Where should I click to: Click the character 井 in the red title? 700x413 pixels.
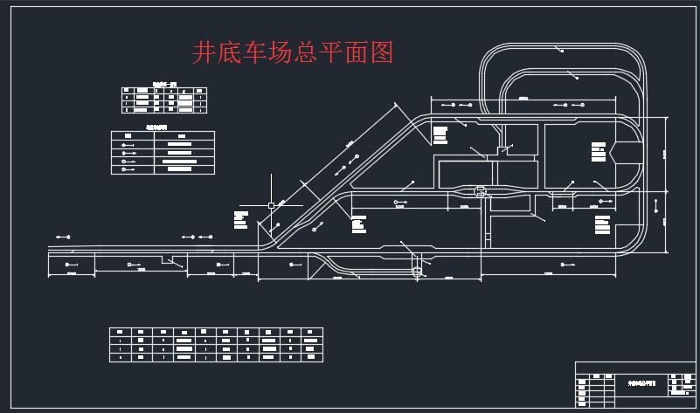click(203, 53)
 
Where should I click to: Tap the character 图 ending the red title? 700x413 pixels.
click(382, 53)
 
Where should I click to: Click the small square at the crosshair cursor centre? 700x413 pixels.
click(271, 204)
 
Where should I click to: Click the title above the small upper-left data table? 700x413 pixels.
click(164, 84)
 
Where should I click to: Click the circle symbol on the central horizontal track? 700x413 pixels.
click(479, 189)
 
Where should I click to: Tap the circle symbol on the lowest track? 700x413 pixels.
click(417, 272)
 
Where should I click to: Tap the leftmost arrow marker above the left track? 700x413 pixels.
click(63, 237)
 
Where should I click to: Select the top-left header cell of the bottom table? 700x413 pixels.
click(120, 332)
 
